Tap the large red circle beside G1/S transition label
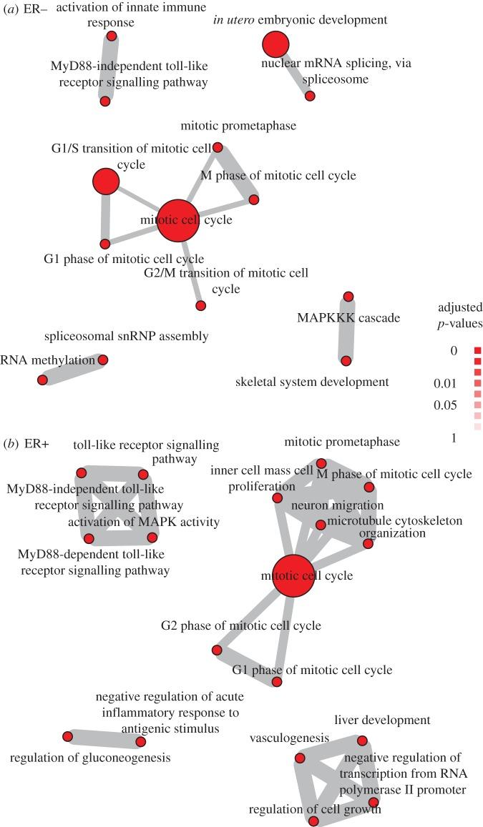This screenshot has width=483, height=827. pyautogui.click(x=105, y=182)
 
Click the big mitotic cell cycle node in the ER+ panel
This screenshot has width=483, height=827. pyautogui.click(x=286, y=575)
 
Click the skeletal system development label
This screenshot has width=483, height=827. pyautogui.click(x=312, y=382)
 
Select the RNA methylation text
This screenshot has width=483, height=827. pyautogui.click(x=47, y=360)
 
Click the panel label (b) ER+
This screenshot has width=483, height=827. pyautogui.click(x=25, y=444)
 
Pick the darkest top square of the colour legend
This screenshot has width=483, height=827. pyautogui.click(x=477, y=350)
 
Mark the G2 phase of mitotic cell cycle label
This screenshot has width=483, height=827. pyautogui.click(x=240, y=625)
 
